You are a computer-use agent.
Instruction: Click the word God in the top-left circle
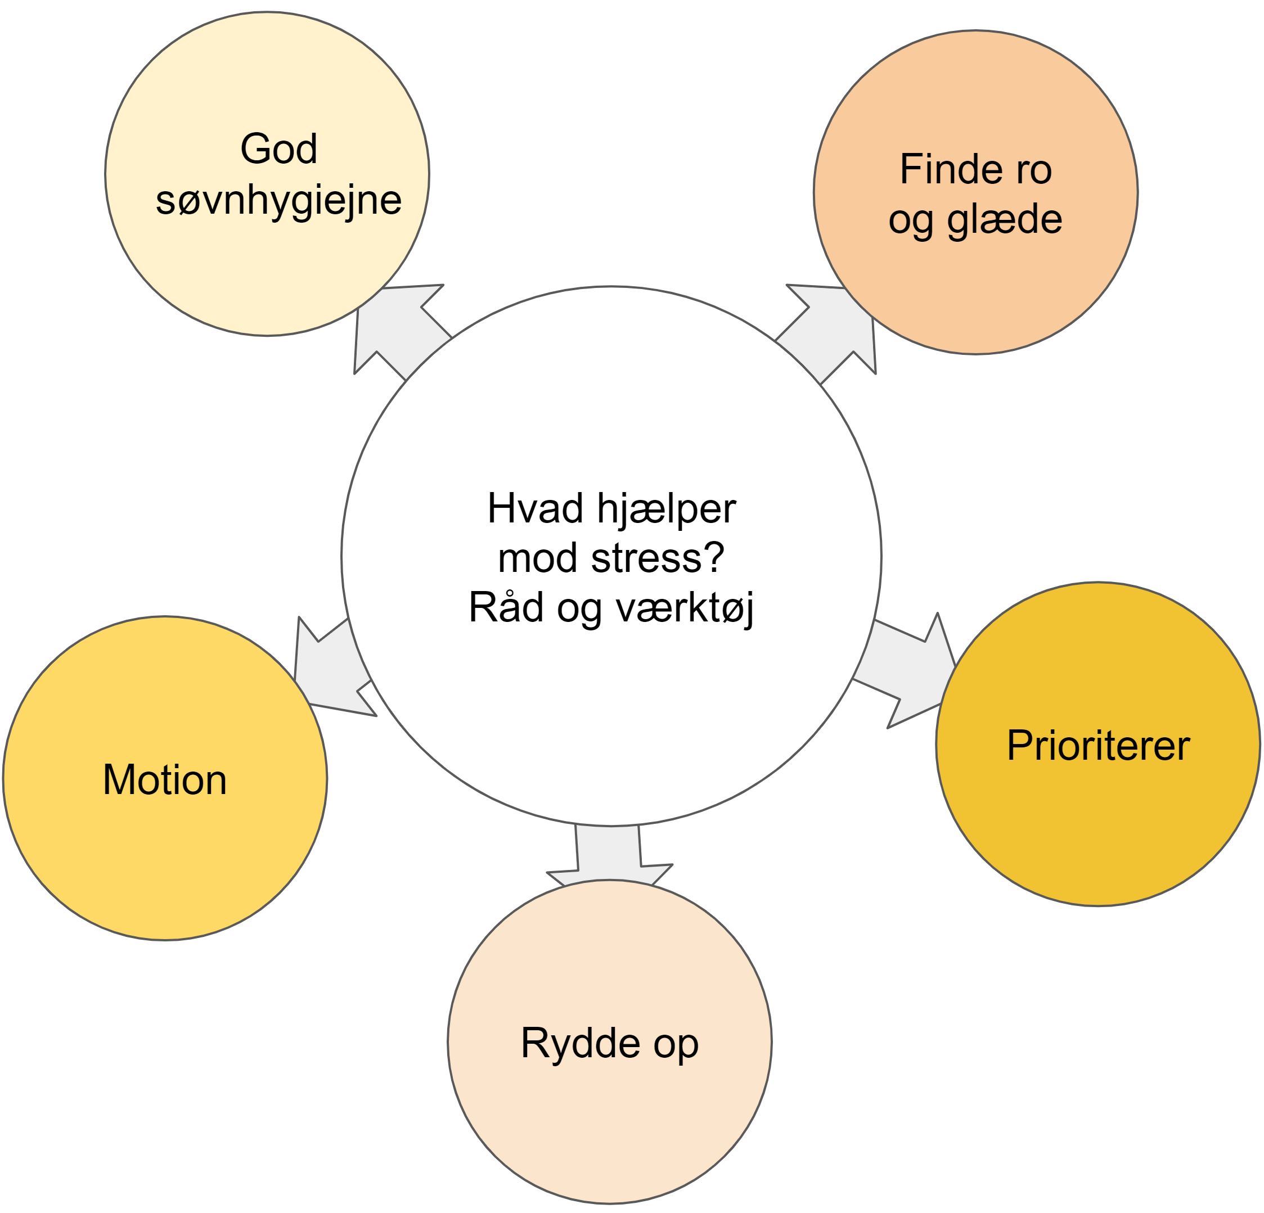click(x=278, y=149)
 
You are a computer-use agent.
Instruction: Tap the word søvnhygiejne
click(x=278, y=202)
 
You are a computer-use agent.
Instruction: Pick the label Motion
click(x=165, y=779)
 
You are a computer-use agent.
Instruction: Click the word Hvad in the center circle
click(x=536, y=508)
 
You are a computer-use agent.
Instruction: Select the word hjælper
click(x=666, y=510)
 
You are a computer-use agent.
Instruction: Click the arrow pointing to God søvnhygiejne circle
click(x=400, y=330)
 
